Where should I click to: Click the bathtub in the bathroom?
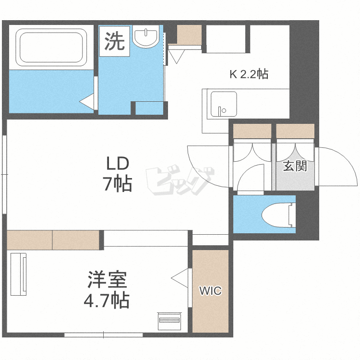tap(52, 48)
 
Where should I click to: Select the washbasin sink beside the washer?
tap(145, 38)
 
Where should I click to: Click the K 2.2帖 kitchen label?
tap(248, 74)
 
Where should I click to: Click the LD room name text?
tap(118, 164)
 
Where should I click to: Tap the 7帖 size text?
tap(118, 184)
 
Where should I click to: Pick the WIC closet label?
tap(210, 291)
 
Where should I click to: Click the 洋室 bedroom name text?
tap(107, 280)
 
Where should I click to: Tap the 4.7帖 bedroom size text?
tap(107, 300)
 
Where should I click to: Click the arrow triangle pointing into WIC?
tap(180, 277)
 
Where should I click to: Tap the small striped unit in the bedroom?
tap(168, 321)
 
